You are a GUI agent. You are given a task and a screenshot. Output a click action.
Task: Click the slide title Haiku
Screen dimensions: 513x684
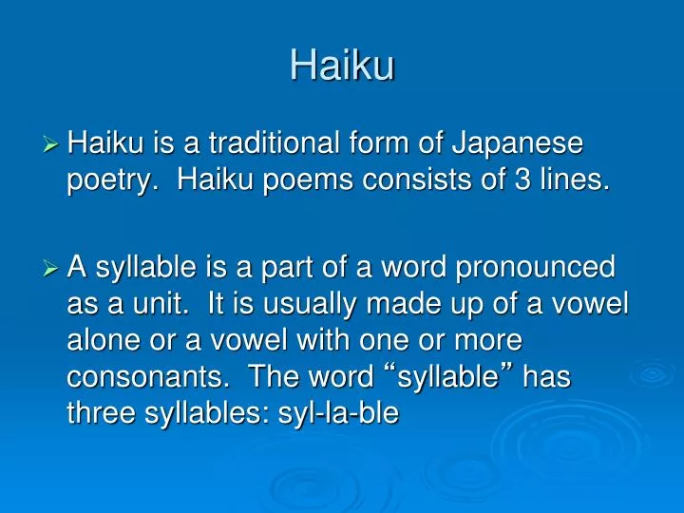(342, 66)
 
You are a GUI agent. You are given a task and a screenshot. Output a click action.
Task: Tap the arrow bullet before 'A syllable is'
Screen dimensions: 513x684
(52, 269)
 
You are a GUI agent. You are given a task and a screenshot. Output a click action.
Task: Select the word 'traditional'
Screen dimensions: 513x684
(272, 144)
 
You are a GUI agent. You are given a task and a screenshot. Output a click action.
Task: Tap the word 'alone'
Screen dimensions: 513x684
(104, 339)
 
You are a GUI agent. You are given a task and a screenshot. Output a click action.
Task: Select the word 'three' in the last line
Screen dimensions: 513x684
(102, 412)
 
